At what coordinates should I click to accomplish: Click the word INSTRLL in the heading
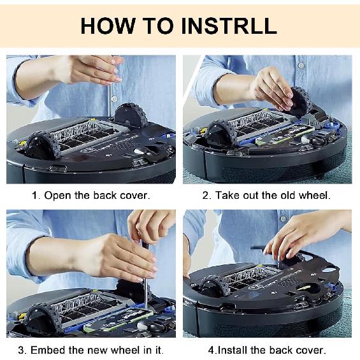229,25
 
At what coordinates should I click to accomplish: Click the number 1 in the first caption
34,196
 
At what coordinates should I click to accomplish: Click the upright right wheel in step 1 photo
129,115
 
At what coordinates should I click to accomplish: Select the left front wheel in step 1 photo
42,147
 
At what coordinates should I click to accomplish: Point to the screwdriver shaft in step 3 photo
145,294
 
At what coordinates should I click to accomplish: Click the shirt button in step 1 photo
114,99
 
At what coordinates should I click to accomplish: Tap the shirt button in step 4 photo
284,219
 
